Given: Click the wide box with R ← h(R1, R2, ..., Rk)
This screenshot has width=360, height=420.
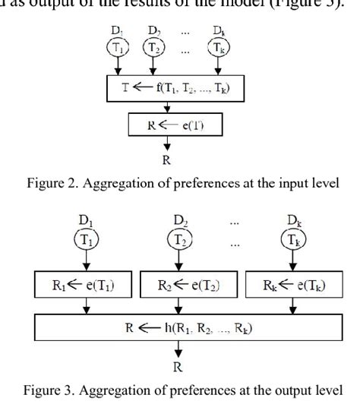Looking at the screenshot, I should (x=180, y=329).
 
